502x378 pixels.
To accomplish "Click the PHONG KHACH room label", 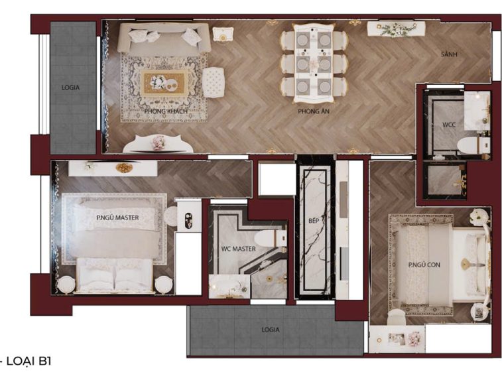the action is tap(166, 111).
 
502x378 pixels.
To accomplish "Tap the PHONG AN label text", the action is tap(314, 111).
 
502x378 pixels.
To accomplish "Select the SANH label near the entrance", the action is tap(449, 54).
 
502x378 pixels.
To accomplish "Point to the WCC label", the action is tap(449, 125).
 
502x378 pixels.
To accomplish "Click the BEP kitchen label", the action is tap(314, 221).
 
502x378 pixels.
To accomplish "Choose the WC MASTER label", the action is tap(239, 249).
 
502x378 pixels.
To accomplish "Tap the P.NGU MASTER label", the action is tap(117, 218).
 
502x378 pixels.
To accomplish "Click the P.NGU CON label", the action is tap(424, 265).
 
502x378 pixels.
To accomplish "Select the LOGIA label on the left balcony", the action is tap(70, 88).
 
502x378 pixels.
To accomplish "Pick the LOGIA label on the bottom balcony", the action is tap(271, 330).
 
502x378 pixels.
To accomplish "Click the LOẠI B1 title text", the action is tap(29, 361).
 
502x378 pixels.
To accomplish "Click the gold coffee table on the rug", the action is tap(164, 83).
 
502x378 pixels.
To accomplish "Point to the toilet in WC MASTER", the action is tap(270, 238).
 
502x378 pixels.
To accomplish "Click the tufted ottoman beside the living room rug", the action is tap(214, 82).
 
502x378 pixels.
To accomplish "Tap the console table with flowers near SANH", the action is tap(396, 29).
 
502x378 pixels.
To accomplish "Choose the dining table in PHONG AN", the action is tap(314, 63).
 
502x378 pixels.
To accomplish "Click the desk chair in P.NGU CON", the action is tap(396, 318).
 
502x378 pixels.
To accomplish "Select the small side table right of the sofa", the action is tap(223, 34).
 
